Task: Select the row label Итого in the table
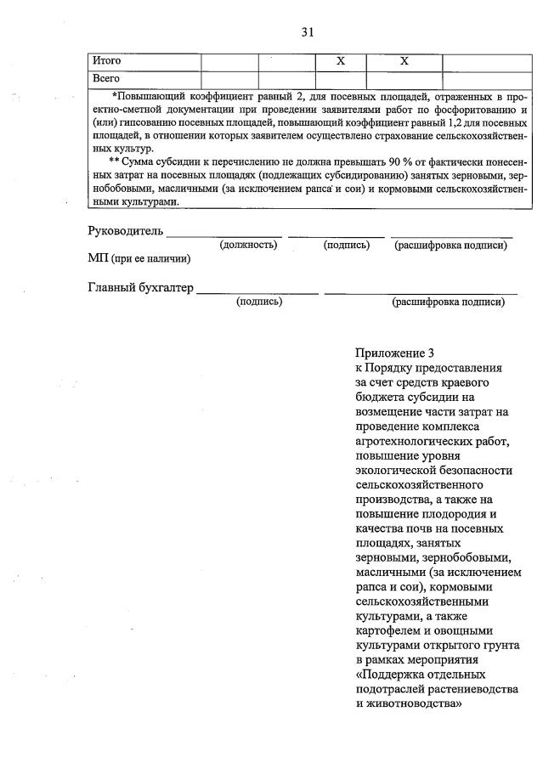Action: click(107, 61)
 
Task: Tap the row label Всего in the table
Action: click(105, 78)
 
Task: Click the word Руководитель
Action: click(126, 231)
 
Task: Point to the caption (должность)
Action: click(248, 246)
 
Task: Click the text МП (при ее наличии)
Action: click(139, 258)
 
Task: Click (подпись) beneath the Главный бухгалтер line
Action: click(259, 302)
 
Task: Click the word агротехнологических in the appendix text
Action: click(416, 441)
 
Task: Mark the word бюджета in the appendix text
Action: click(377, 397)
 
